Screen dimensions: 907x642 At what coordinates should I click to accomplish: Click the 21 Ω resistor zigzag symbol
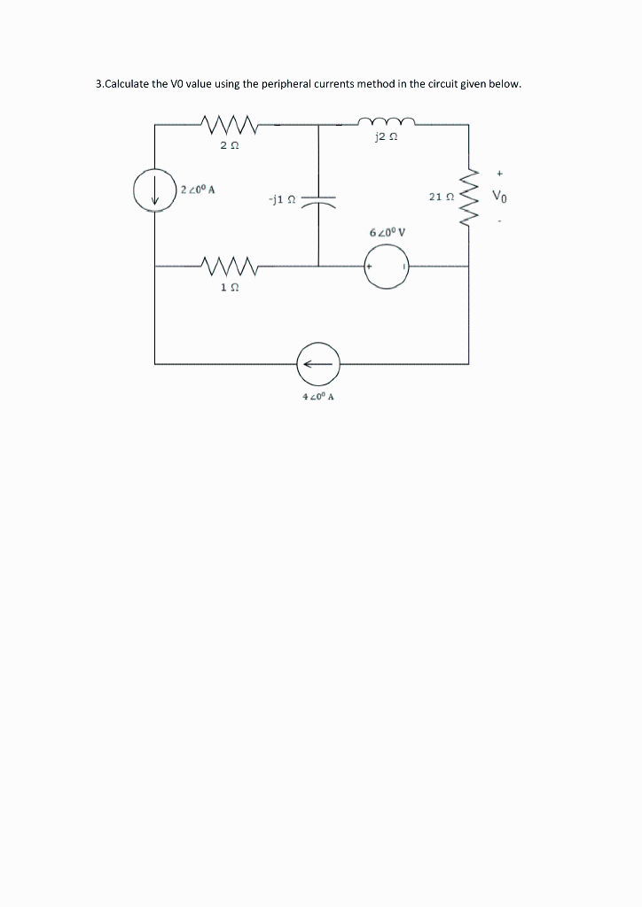[x=470, y=198]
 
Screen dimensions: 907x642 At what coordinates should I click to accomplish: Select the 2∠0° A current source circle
[x=155, y=190]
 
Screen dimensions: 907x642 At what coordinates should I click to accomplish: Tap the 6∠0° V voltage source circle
[x=387, y=267]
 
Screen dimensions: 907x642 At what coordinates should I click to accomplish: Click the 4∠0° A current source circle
[x=317, y=362]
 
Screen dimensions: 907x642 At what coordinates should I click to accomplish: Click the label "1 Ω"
[x=229, y=289]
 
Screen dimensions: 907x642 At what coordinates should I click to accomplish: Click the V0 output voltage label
[x=501, y=196]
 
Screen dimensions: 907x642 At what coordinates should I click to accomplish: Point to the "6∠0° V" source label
[x=387, y=233]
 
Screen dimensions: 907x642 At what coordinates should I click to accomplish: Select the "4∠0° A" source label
[x=317, y=397]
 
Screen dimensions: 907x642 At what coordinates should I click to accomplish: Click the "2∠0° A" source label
[x=199, y=189]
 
